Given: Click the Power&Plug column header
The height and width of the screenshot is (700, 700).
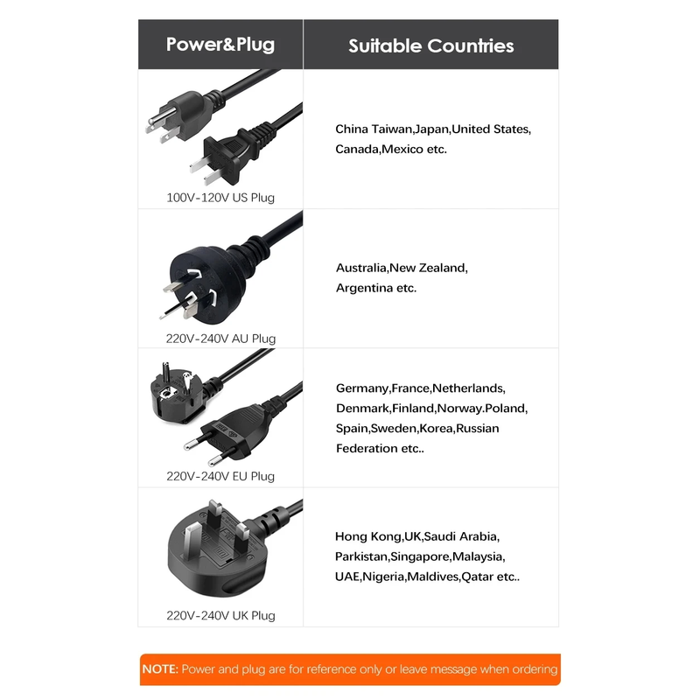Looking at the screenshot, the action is coord(220,45).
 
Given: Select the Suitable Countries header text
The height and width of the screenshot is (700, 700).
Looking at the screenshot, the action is coord(430,46).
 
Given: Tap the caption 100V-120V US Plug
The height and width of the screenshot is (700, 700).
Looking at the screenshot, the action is coord(220,198).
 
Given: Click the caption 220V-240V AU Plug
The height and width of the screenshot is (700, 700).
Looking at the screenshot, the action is coord(220,339).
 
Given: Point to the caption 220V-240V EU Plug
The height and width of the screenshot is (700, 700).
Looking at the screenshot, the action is coord(220,476).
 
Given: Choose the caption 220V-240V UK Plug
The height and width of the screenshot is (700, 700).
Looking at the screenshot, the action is coord(220,616).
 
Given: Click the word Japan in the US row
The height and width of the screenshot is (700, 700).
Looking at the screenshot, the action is coord(431,129).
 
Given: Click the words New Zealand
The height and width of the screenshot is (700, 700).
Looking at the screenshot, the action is coord(428,268).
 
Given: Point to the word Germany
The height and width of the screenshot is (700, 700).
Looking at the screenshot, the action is coord(362,388).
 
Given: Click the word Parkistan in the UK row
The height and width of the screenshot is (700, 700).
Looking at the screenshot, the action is coord(361,556).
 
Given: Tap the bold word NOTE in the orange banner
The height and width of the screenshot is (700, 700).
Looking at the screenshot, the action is coord(160,669).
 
